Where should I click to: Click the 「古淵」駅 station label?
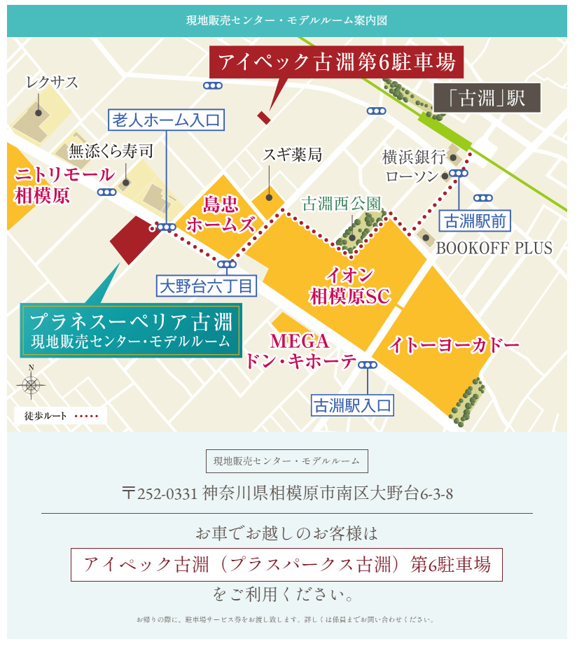(x=487, y=99)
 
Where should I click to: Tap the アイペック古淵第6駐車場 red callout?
(x=337, y=62)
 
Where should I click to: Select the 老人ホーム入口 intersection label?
(x=167, y=120)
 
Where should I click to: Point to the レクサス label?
(x=52, y=83)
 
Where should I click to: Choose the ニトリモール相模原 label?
(x=62, y=185)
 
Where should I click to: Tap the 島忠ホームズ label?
(x=220, y=214)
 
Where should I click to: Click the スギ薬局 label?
(x=293, y=155)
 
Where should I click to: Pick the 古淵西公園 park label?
(x=342, y=204)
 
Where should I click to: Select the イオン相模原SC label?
(x=349, y=286)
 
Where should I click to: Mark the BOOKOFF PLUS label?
(x=494, y=248)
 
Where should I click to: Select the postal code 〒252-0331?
(x=160, y=493)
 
